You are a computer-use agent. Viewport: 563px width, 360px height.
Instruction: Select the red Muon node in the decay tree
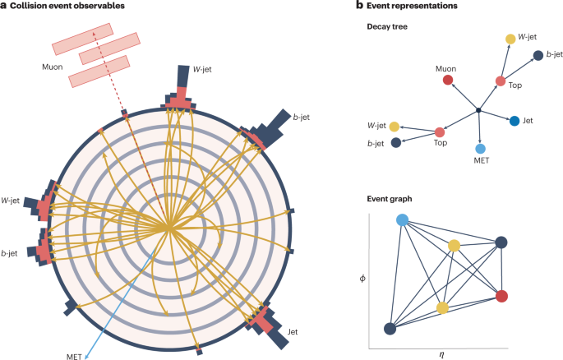click(448, 81)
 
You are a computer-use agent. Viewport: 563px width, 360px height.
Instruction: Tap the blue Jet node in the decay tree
click(515, 121)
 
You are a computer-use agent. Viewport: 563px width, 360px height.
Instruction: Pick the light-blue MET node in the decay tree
click(482, 149)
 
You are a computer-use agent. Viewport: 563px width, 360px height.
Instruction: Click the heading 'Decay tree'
click(388, 26)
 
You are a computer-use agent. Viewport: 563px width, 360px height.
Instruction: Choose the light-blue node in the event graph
click(403, 220)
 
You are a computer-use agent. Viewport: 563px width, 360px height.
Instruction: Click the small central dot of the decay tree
click(478, 110)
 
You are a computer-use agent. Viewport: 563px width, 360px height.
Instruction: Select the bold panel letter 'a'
click(5, 7)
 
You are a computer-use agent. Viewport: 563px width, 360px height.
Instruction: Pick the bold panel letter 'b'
click(359, 6)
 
